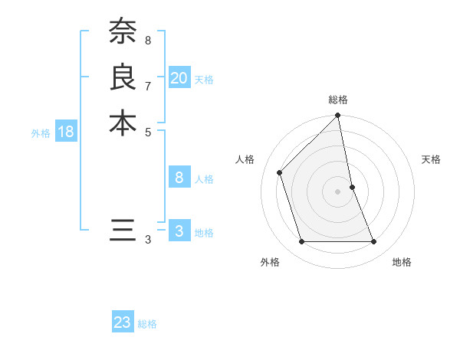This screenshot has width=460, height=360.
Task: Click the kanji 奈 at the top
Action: (x=123, y=31)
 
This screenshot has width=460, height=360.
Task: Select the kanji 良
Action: (x=123, y=77)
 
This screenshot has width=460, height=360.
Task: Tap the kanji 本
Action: (x=123, y=122)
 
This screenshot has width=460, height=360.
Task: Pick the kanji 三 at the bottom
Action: (x=123, y=229)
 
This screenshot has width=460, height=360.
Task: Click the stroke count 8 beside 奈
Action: (x=148, y=39)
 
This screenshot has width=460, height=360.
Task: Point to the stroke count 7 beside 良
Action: (x=148, y=85)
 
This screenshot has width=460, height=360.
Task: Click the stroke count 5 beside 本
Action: (x=148, y=131)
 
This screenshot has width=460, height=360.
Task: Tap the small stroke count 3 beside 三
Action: (x=148, y=240)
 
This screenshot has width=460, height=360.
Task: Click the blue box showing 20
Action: (x=179, y=78)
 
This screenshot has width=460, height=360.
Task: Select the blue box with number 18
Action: (x=66, y=132)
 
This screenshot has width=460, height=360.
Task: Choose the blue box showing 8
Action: (x=179, y=178)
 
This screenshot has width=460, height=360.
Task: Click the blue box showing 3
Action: (x=179, y=231)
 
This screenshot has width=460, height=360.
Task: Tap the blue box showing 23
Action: (x=123, y=322)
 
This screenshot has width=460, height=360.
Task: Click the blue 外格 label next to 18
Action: (x=41, y=133)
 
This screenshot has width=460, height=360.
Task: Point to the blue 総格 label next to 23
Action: (x=147, y=324)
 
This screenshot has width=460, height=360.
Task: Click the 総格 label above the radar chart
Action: (x=338, y=100)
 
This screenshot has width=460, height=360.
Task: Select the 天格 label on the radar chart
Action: (x=432, y=159)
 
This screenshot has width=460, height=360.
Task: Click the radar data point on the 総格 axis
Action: (x=338, y=116)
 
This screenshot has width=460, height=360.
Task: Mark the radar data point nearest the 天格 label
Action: (x=352, y=187)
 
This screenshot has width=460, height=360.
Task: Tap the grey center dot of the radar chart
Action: (x=338, y=191)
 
